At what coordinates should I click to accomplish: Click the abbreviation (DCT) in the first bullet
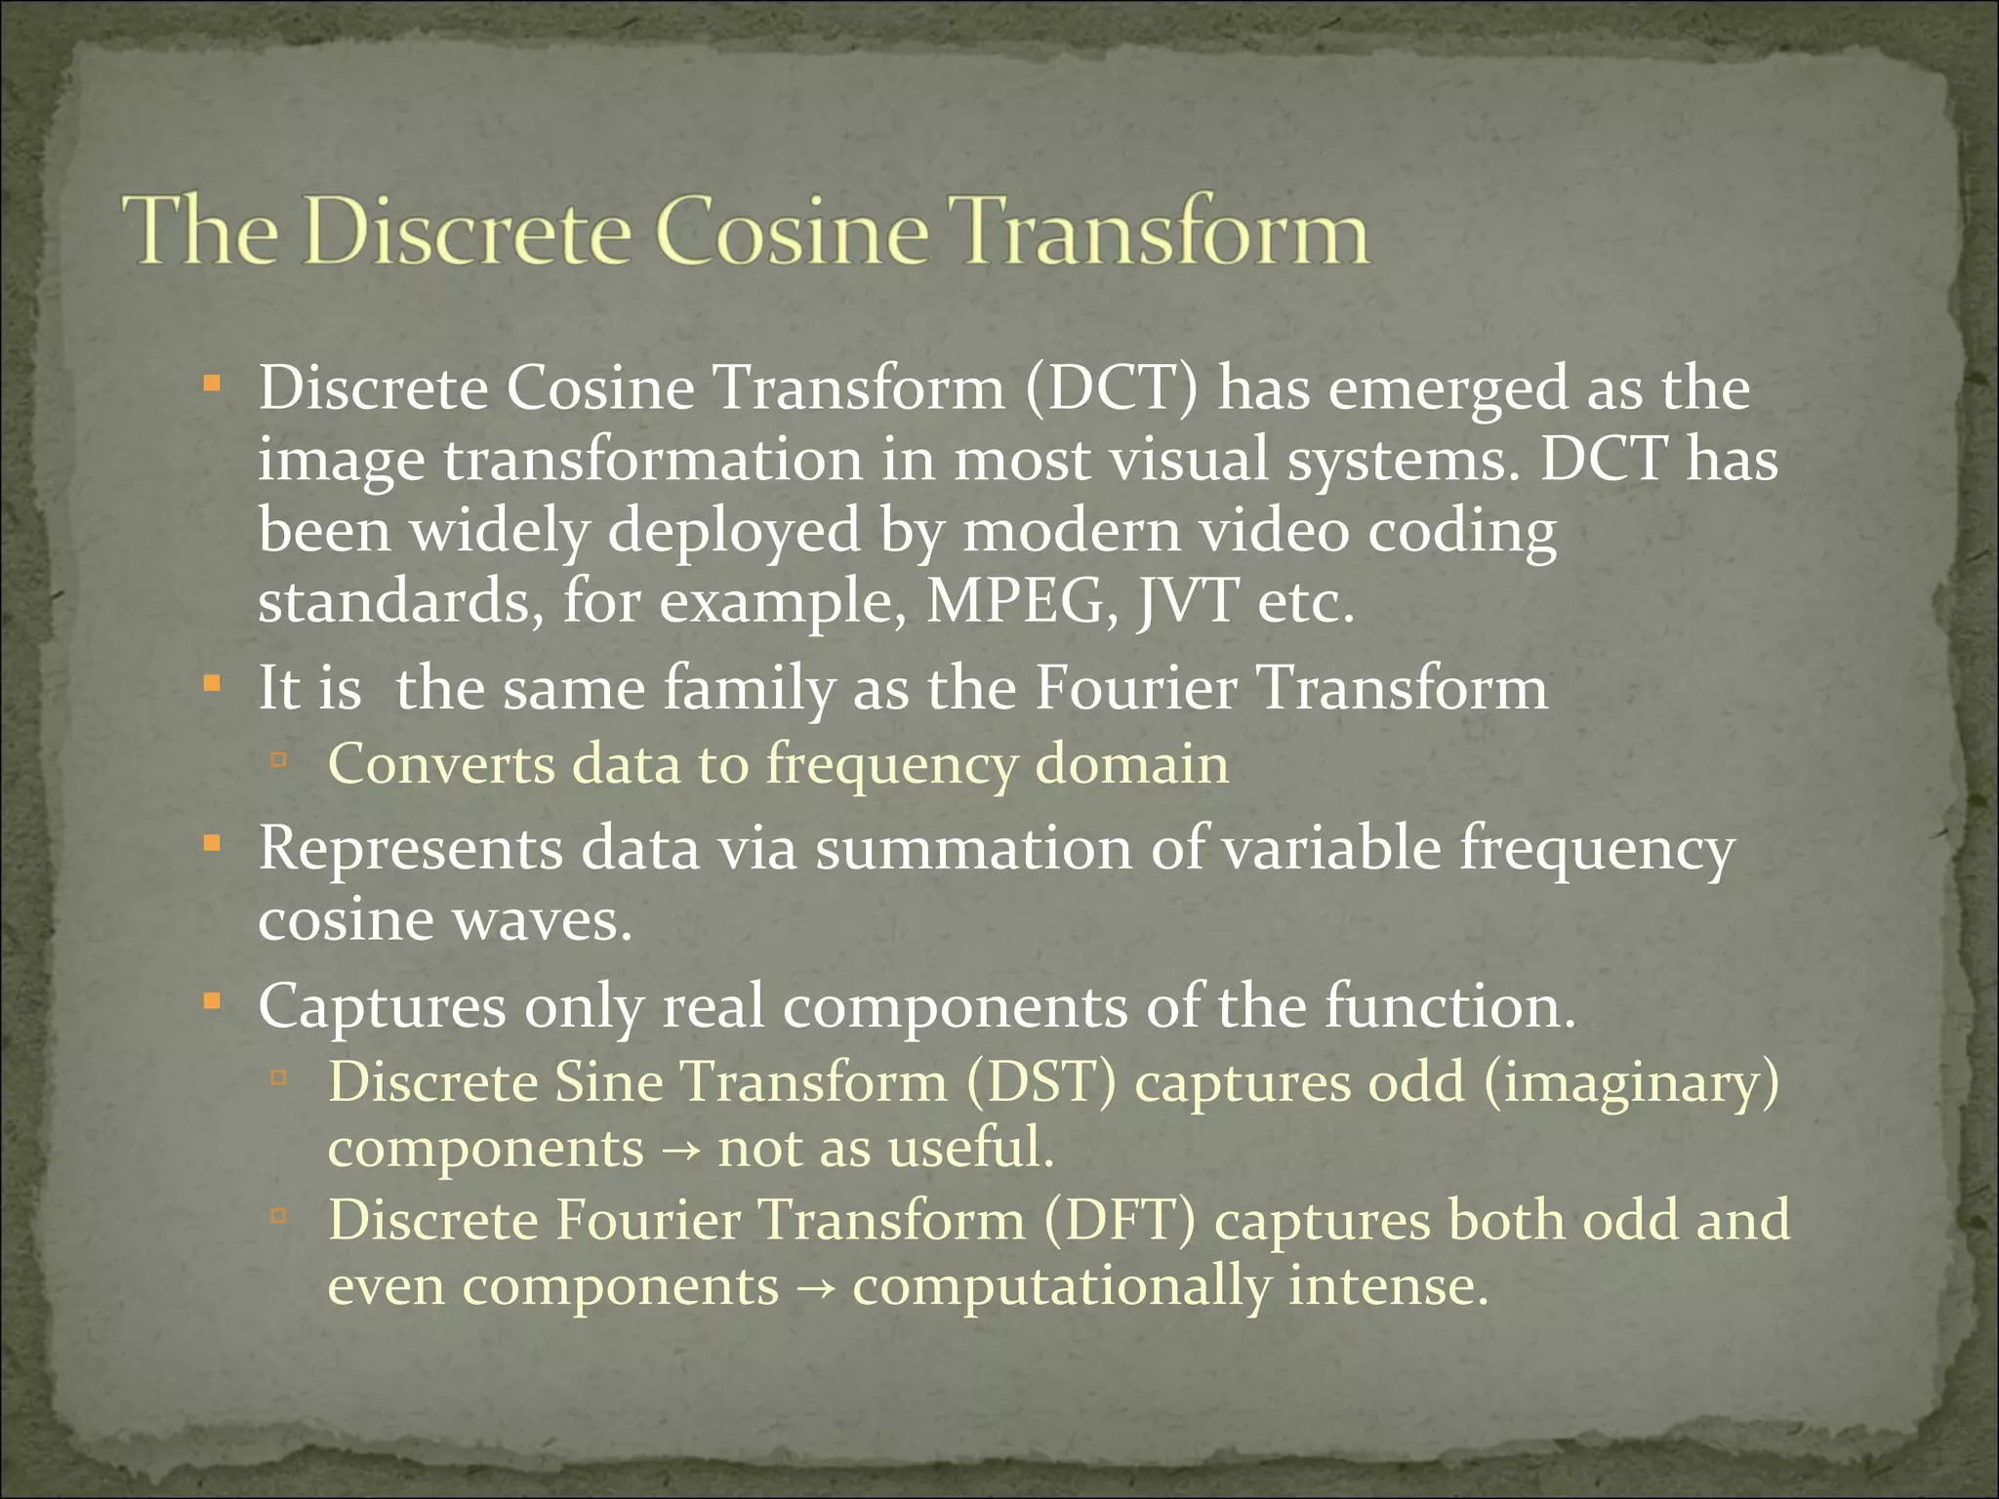coord(1111,388)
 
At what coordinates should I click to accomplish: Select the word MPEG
coord(1021,602)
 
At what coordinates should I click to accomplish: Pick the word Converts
coord(441,763)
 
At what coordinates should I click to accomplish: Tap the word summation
coord(973,848)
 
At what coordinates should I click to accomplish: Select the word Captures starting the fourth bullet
coord(382,1006)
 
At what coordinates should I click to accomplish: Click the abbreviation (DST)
coord(1040,1082)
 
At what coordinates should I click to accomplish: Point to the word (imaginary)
coord(1631,1082)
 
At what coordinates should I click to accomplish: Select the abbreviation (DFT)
coord(1119,1220)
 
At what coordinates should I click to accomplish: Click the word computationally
coord(1061,1286)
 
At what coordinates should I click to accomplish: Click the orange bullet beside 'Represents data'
coord(212,841)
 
